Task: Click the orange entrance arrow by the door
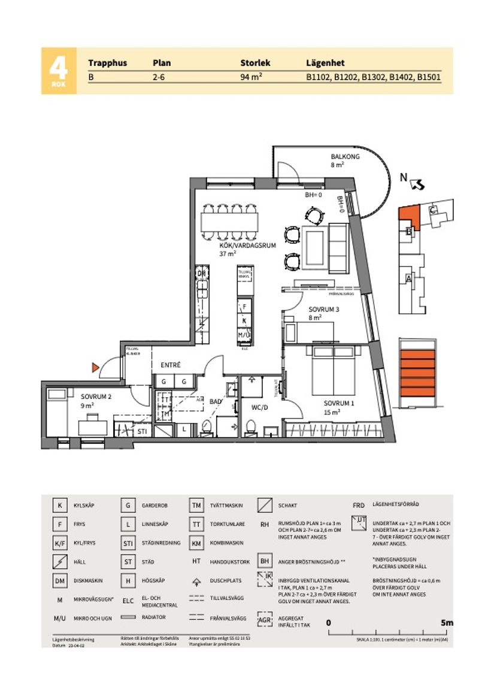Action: point(95,367)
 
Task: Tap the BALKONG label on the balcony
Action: point(345,157)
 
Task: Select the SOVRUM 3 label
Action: point(324,310)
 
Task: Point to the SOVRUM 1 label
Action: point(339,403)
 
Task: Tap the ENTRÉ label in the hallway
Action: point(170,365)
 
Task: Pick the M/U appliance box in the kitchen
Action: point(244,334)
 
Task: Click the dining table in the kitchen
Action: point(231,222)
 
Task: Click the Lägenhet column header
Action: point(325,63)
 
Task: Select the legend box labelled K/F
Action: point(59,543)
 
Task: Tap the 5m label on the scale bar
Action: point(446,622)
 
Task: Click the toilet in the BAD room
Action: point(207,427)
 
